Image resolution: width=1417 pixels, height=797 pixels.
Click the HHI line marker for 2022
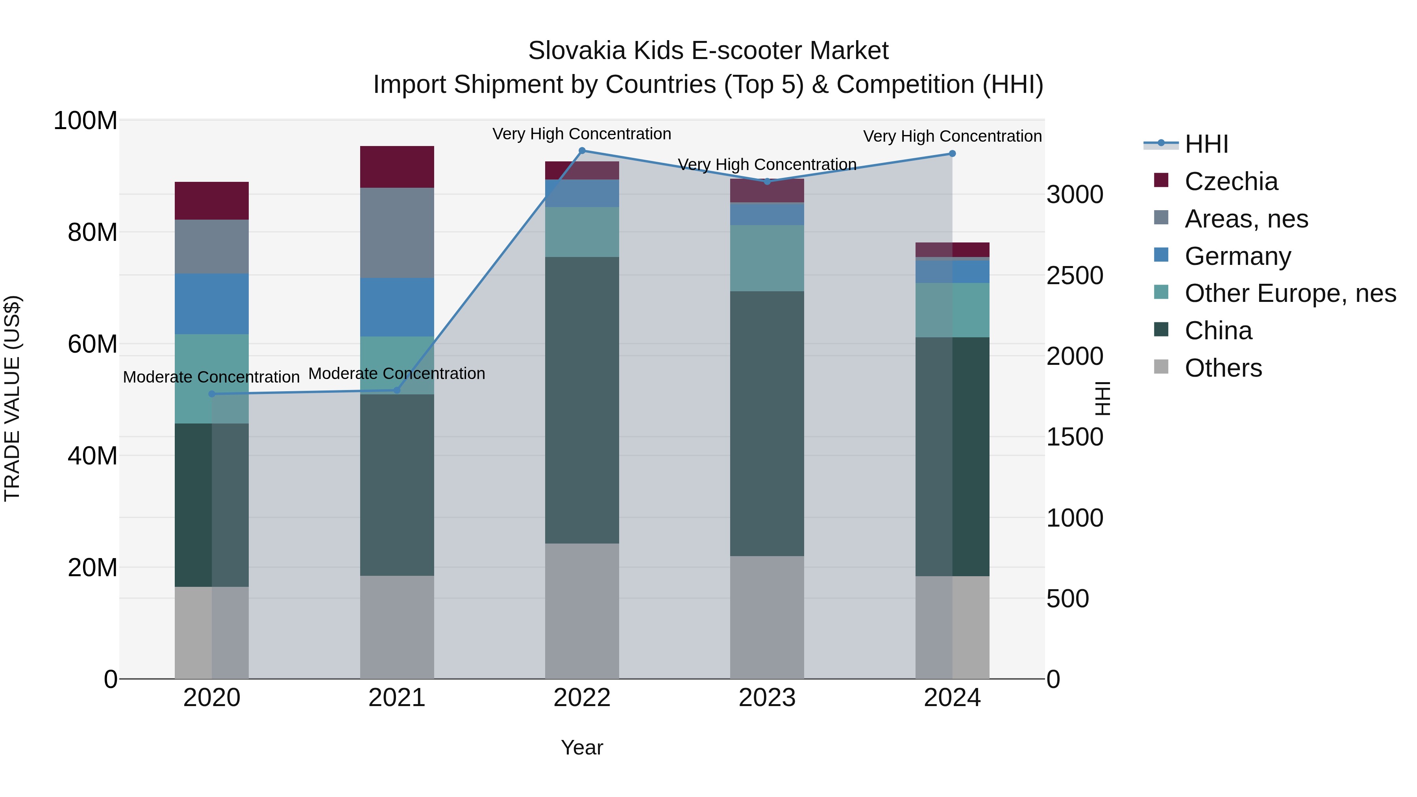pos(582,151)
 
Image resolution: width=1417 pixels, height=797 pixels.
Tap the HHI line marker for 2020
pos(212,394)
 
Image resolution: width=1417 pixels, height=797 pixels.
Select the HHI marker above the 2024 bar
pos(952,153)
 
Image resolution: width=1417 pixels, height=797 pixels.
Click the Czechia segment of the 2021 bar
pos(397,166)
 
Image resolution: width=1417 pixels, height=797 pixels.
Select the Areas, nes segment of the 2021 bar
pos(397,233)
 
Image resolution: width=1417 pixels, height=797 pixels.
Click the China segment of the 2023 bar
pos(767,423)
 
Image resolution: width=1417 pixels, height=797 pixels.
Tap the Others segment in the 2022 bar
pos(582,610)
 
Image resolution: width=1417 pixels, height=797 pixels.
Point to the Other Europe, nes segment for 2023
pos(767,258)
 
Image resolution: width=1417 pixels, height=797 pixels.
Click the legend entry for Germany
pos(1238,256)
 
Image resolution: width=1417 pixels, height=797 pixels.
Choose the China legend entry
pos(1218,331)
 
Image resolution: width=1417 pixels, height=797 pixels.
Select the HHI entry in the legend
pos(1206,144)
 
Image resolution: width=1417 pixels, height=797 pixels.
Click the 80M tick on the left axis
pos(92,232)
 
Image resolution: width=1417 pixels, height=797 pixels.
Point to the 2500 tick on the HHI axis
pos(1074,276)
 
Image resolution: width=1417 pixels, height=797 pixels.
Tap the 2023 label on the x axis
pos(767,698)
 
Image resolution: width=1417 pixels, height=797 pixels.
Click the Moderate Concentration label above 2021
pos(397,374)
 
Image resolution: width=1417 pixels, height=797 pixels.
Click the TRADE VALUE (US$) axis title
pos(12,398)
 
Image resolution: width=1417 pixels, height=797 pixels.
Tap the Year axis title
pos(582,747)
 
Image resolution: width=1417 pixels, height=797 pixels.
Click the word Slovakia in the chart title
pos(577,51)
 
